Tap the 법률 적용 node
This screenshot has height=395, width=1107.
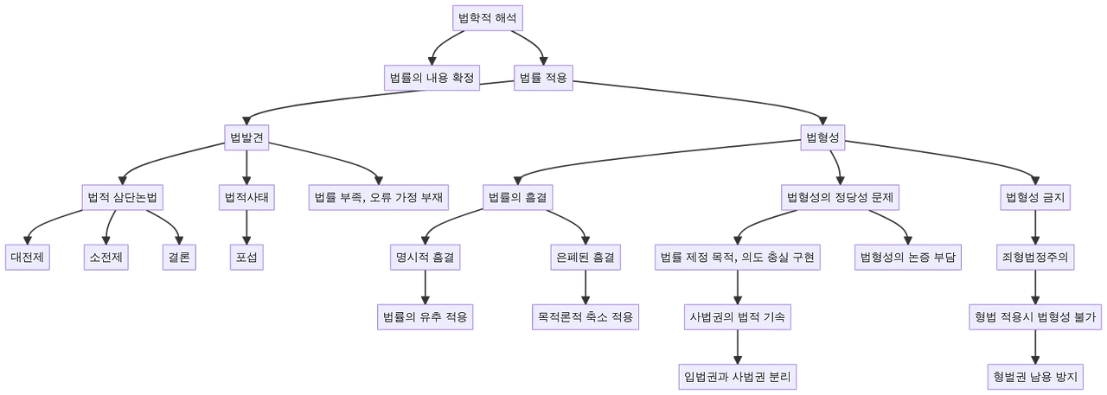[x=543, y=78]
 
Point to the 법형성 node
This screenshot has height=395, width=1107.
[x=823, y=138]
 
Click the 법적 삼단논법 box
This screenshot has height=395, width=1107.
[x=121, y=198]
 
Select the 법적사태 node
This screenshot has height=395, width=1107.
[x=246, y=198]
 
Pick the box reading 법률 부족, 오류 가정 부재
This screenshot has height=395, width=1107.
[x=378, y=198]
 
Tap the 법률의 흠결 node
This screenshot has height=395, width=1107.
[x=516, y=198]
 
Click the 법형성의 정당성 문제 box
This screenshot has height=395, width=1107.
[x=840, y=198]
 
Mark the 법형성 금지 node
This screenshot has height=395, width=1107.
[x=1034, y=198]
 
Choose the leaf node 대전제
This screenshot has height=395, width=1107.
[x=29, y=258]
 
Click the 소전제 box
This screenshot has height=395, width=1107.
[x=106, y=258]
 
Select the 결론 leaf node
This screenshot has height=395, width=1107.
[x=179, y=258]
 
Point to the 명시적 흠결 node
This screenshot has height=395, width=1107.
[x=425, y=258]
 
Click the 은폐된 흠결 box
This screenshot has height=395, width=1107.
[x=585, y=258]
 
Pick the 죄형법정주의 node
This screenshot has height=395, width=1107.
[x=1034, y=258]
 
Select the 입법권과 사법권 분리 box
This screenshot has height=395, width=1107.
[x=738, y=377]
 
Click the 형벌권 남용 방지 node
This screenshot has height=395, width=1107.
[x=1034, y=377]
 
